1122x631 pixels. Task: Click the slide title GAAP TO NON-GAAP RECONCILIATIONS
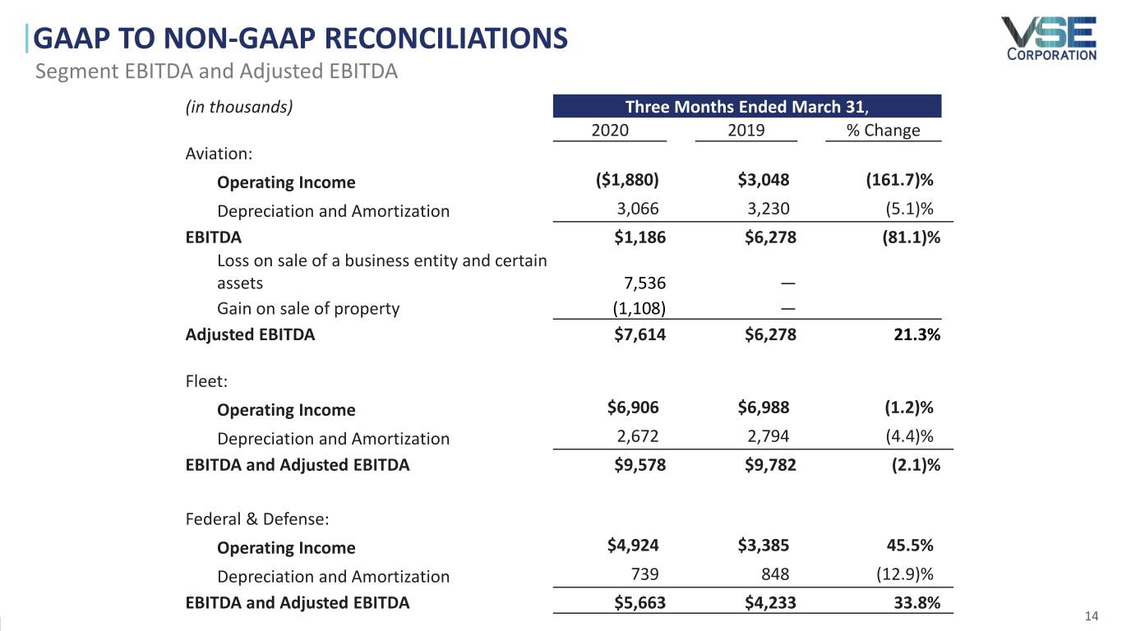[302, 38]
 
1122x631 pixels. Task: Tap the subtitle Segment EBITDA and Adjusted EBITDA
[216, 71]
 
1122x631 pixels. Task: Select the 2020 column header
[610, 131]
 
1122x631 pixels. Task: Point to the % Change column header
[883, 131]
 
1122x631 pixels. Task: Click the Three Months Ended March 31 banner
[747, 107]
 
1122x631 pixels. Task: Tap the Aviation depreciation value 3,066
[638, 210]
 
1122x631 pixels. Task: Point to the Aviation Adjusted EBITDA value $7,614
[640, 334]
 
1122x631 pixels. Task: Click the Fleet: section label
[206, 381]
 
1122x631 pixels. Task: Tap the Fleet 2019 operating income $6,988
[764, 409]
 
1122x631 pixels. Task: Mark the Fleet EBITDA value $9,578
[640, 465]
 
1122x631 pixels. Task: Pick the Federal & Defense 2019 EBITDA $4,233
[770, 603]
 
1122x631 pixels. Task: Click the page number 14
[1092, 617]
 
